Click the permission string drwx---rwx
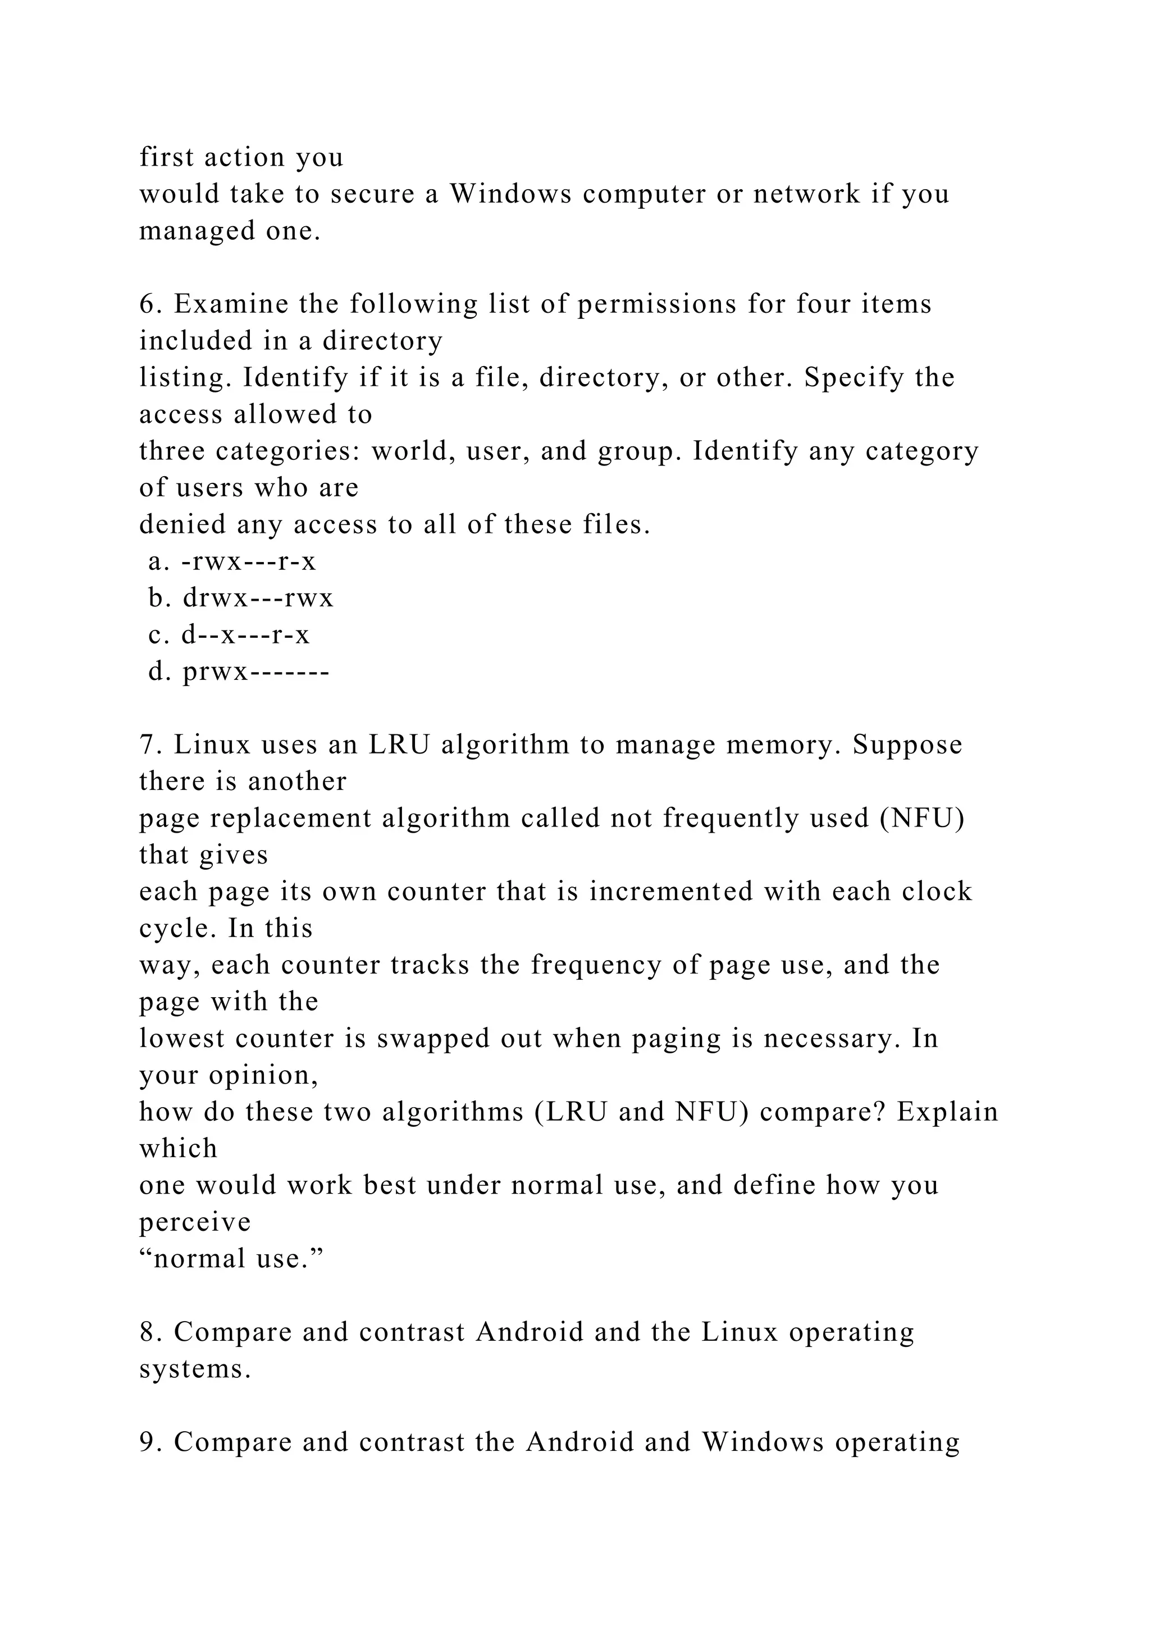258,599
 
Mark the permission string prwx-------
255,672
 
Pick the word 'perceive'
195,1222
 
